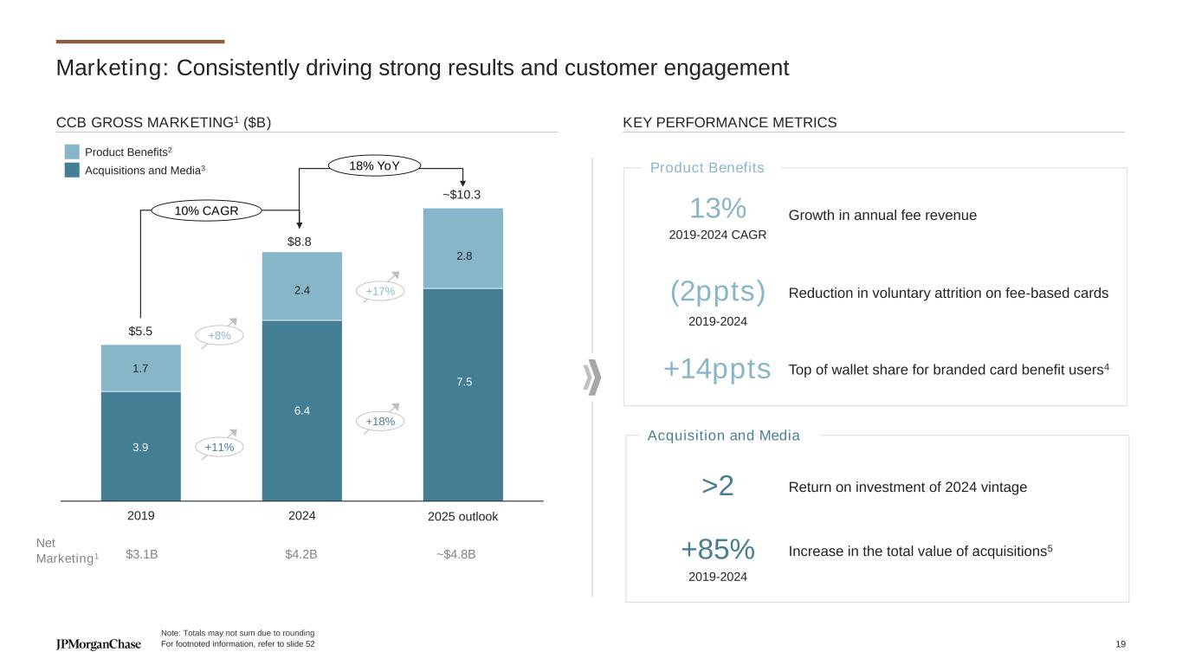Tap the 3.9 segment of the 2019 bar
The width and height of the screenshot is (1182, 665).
point(141,447)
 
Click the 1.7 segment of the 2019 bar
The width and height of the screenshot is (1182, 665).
point(141,368)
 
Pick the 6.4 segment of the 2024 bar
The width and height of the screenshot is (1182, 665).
point(302,411)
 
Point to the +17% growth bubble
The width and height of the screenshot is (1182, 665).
point(380,292)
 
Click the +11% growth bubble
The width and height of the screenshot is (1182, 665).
point(219,447)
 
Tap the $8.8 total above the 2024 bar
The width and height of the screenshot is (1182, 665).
point(300,242)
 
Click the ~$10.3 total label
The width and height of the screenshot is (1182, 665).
point(462,196)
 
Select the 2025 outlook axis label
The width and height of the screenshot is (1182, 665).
point(463,517)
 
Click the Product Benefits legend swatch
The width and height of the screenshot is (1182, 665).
point(72,152)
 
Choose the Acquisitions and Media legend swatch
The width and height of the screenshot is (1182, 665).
point(72,171)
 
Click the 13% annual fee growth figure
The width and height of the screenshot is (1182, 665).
point(718,209)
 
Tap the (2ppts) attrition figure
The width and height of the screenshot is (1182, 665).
point(718,293)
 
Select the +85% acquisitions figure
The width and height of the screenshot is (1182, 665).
point(718,549)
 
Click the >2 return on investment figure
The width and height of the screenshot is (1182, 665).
point(718,487)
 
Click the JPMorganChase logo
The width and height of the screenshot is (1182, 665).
point(98,644)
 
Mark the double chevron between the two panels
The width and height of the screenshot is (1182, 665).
point(592,378)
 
